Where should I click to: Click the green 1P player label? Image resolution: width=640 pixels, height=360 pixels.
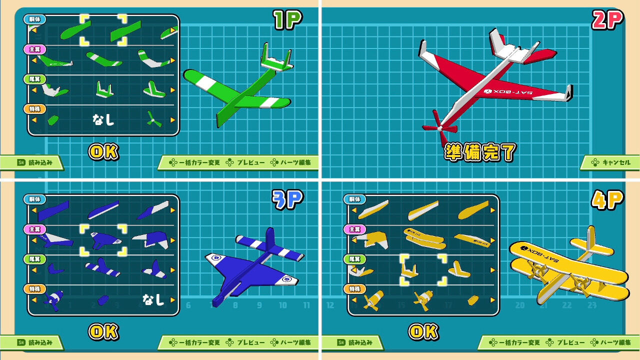click(x=287, y=20)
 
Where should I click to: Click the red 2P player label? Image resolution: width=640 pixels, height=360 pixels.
click(x=607, y=20)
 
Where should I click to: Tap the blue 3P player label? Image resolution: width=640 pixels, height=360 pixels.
click(x=287, y=199)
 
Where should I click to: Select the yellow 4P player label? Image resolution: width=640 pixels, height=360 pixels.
click(x=607, y=199)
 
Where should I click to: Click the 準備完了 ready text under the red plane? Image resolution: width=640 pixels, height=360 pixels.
click(x=480, y=152)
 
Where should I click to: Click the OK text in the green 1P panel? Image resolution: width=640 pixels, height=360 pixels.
click(x=103, y=152)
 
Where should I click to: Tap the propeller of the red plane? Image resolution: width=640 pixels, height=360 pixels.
click(x=439, y=128)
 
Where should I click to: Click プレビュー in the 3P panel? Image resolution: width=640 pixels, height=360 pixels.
click(x=246, y=342)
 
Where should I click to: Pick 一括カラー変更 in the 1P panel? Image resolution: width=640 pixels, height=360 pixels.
click(x=195, y=162)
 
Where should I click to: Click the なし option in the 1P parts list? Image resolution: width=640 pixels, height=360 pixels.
click(x=103, y=119)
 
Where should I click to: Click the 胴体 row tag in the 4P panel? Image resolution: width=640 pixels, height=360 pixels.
click(x=354, y=199)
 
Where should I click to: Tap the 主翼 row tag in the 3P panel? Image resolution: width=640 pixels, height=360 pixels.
click(x=34, y=229)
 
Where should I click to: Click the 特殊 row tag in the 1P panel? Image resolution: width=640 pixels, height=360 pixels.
click(x=34, y=109)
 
